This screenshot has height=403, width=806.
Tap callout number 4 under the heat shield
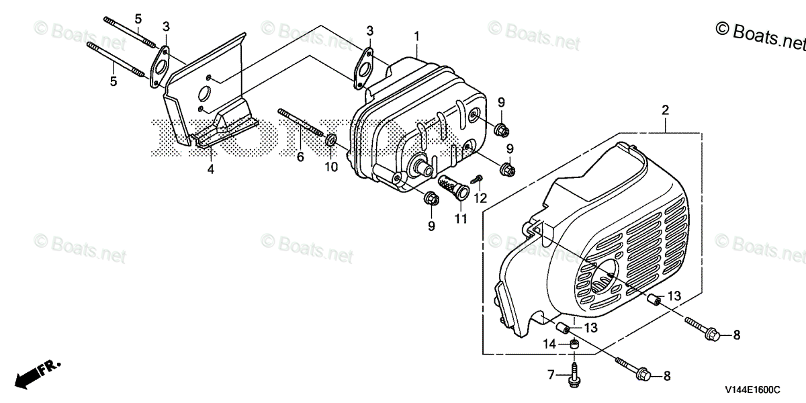tap(210, 170)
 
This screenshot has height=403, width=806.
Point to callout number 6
tap(300, 157)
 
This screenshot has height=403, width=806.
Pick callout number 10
tap(331, 167)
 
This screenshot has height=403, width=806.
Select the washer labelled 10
tap(331, 141)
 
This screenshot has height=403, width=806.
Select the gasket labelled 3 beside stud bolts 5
tap(160, 67)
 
